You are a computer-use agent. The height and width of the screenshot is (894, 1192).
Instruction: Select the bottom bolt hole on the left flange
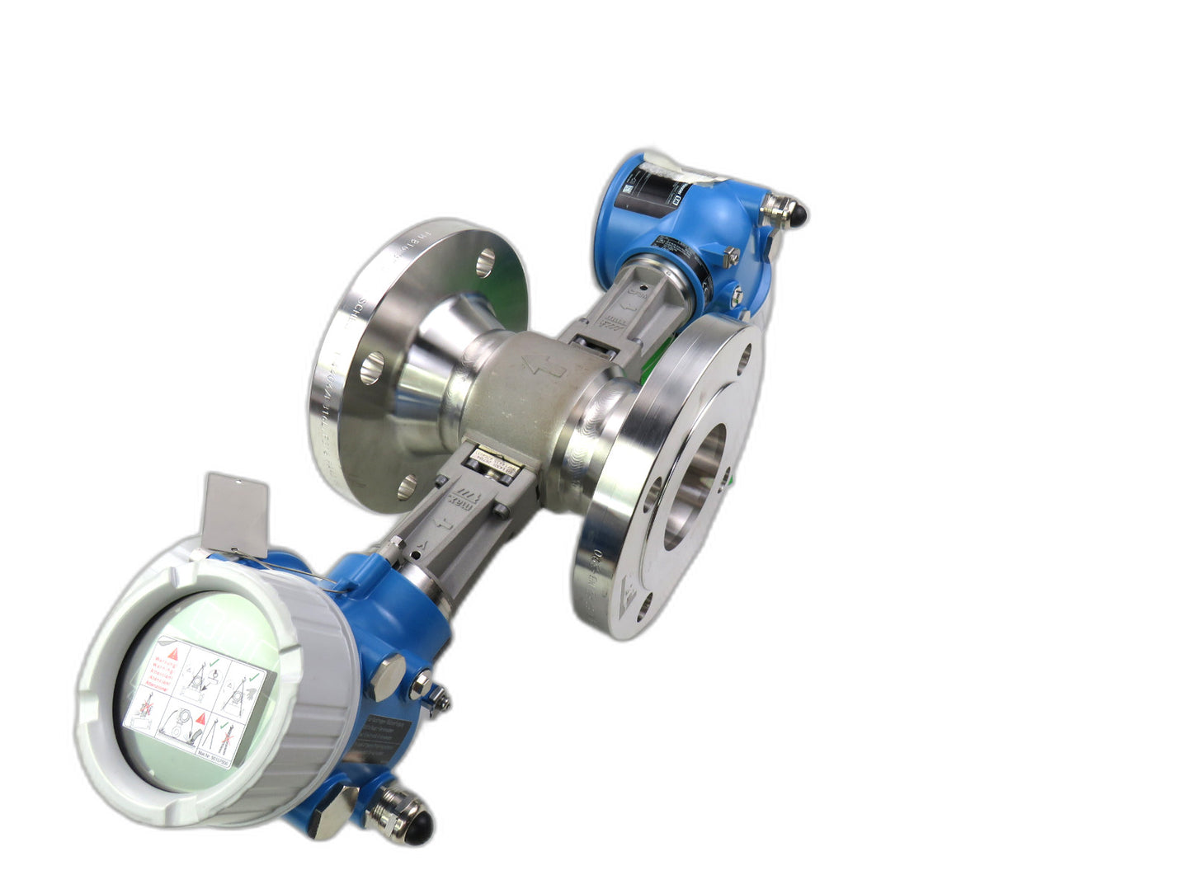tap(406, 487)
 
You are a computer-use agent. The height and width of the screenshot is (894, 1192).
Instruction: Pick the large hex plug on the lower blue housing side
tap(386, 673)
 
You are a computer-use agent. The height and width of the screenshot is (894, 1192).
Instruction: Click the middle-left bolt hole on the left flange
tap(372, 364)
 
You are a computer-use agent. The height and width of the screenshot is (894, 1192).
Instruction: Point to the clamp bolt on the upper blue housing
tap(731, 257)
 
